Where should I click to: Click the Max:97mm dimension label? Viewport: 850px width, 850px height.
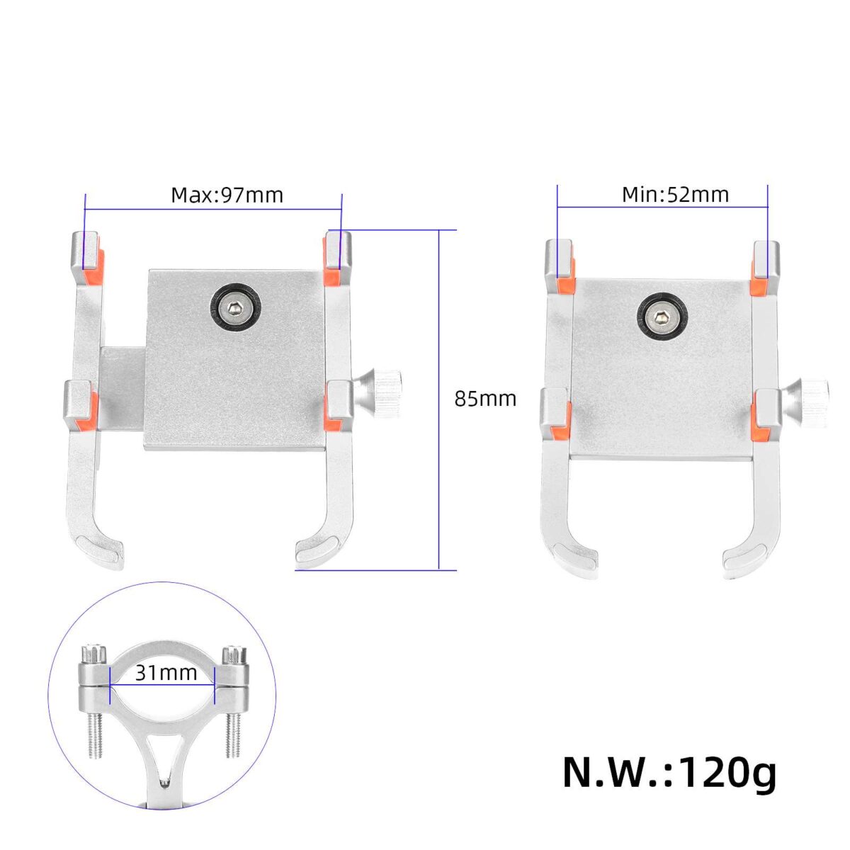click(x=227, y=195)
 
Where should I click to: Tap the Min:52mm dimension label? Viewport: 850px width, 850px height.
click(x=675, y=195)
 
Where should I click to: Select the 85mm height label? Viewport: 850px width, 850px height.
click(x=485, y=399)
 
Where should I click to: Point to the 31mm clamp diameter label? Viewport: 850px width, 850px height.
click(x=166, y=673)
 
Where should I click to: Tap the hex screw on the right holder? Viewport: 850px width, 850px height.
click(x=660, y=316)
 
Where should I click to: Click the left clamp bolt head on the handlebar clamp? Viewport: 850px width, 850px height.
click(x=93, y=654)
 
